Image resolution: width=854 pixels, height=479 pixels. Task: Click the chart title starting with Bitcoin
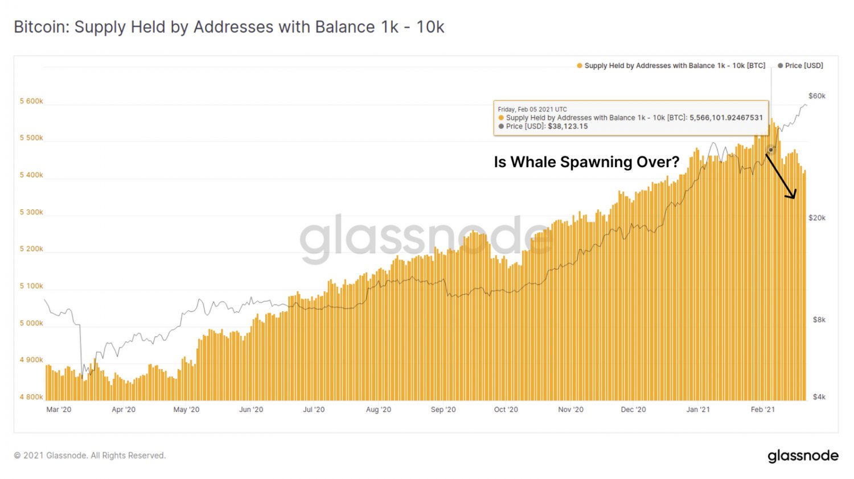[228, 27]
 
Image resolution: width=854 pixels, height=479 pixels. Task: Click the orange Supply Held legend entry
[671, 65]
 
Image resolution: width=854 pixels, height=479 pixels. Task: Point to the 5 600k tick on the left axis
[31, 101]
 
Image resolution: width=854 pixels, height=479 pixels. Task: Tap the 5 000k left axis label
[31, 323]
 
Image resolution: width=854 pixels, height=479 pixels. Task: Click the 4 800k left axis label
[31, 397]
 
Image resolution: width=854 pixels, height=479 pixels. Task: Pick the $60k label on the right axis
[816, 96]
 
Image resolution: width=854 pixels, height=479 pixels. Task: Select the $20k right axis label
[816, 218]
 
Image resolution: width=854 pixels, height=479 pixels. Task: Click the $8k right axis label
[819, 320]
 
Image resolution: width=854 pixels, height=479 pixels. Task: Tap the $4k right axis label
[819, 397]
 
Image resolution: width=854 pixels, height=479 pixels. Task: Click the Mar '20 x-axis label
[59, 410]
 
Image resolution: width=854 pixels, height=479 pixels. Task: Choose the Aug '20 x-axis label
[379, 410]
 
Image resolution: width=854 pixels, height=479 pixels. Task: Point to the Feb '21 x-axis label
[762, 410]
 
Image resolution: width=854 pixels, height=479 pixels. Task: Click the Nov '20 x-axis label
[570, 410]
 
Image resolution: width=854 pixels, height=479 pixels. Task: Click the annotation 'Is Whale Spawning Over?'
[586, 162]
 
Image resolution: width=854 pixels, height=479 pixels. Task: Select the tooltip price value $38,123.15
[568, 126]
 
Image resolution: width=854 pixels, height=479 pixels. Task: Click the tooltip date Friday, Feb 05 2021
[532, 109]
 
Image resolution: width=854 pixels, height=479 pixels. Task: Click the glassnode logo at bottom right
[803, 456]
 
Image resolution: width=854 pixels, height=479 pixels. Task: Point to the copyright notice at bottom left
[90, 456]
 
